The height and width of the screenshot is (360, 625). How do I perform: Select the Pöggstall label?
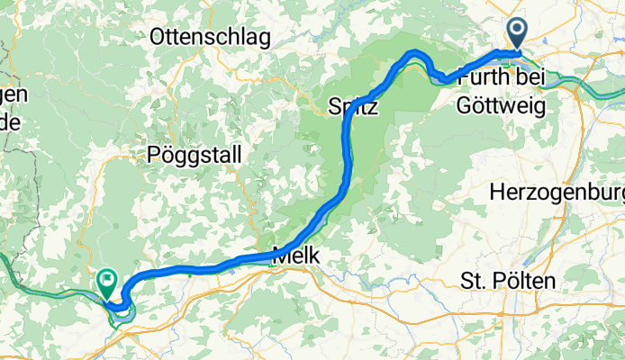point(194,155)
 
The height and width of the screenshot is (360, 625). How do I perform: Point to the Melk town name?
point(295,256)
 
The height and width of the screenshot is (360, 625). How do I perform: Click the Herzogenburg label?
point(557,192)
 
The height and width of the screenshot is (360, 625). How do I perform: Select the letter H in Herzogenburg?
point(496,192)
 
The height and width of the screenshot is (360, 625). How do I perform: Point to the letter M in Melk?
point(279,256)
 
